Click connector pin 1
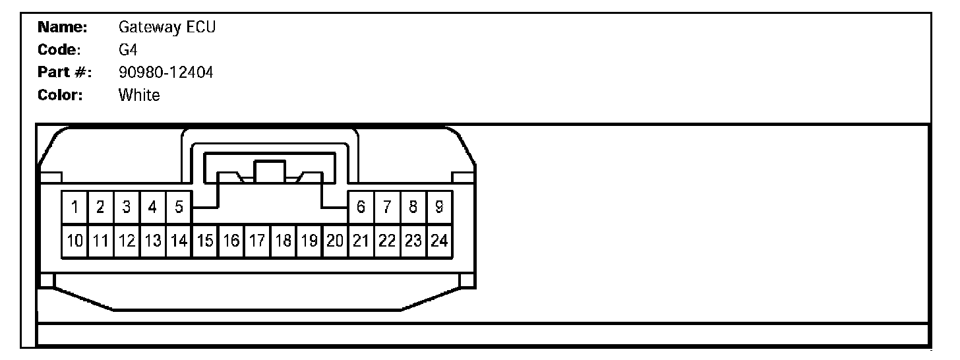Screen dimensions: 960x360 [75, 207]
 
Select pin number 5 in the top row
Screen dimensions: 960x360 [179, 207]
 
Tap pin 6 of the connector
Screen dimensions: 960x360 [361, 207]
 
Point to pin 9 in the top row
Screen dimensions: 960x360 [438, 207]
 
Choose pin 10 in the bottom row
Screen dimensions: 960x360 [75, 241]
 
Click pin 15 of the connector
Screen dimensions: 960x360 [204, 241]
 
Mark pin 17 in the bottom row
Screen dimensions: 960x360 [256, 241]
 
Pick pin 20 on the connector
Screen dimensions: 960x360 [334, 241]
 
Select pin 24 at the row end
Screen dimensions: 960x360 [438, 241]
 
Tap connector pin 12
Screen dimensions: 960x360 [127, 241]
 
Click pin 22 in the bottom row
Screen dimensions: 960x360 [386, 241]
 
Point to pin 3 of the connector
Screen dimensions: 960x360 [127, 207]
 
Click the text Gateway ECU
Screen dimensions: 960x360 [167, 28]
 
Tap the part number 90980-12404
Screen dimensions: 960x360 [165, 73]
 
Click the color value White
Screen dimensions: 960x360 [139, 95]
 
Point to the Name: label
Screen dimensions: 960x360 [63, 28]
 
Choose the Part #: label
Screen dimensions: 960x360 [64, 73]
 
